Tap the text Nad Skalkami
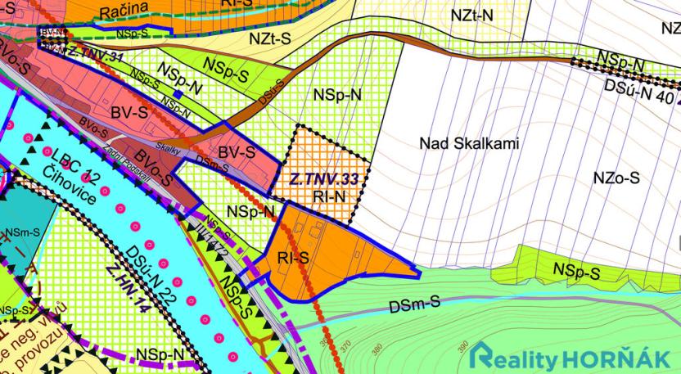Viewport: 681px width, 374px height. coord(467,144)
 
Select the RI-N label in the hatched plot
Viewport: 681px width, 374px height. coord(329,196)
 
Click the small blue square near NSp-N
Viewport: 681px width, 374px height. coord(176,94)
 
